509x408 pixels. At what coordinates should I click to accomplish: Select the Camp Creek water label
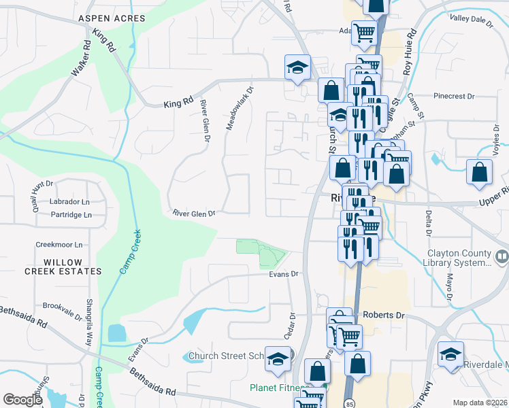click(130, 252)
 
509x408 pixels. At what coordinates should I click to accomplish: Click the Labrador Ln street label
click(69, 202)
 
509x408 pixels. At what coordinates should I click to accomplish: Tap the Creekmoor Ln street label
click(59, 244)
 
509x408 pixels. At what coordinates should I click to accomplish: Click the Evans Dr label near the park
click(284, 274)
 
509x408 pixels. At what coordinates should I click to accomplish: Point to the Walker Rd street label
click(80, 59)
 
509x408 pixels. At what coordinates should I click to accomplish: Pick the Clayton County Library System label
click(457, 258)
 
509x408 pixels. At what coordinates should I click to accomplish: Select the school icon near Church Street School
click(278, 360)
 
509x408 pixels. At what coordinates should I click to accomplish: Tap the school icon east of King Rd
click(297, 67)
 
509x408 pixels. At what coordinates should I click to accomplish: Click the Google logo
click(23, 399)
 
